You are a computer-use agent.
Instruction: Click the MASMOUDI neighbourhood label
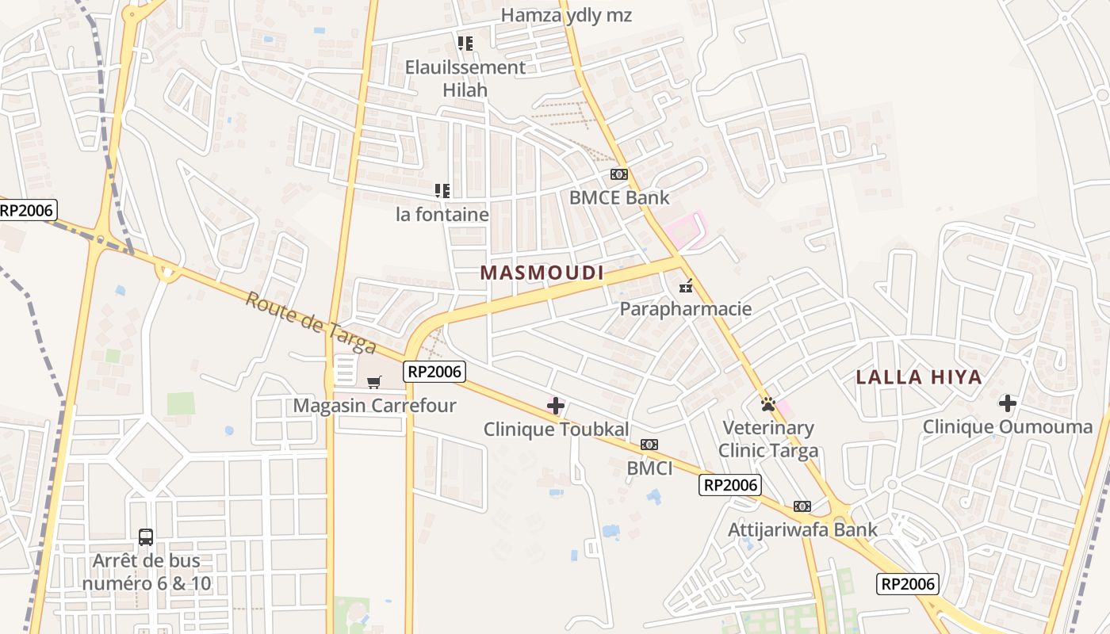point(542,273)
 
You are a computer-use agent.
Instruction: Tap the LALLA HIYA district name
point(919,377)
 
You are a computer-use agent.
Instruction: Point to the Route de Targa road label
point(310,323)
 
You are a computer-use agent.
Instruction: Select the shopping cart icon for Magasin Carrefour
point(374,383)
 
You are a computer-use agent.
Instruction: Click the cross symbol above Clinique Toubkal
point(556,407)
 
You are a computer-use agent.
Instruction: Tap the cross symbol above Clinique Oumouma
point(1008,403)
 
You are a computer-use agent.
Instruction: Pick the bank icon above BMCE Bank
point(619,174)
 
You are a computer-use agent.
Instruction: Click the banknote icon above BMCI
point(649,445)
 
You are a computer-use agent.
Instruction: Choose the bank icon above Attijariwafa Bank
point(802,506)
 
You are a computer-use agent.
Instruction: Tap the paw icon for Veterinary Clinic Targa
point(767,404)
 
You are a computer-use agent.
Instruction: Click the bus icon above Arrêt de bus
point(146,537)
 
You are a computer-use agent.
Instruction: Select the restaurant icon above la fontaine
point(442,190)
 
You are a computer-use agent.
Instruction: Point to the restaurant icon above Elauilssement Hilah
point(465,43)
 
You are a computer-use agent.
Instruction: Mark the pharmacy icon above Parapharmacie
point(686,285)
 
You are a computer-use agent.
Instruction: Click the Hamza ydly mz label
point(567,15)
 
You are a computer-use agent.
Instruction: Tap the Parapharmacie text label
point(686,308)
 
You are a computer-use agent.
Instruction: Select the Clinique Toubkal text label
point(556,430)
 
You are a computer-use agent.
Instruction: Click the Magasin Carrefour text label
point(374,406)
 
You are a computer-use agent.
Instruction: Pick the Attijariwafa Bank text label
point(802,529)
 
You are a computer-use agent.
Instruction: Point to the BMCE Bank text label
point(619,197)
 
